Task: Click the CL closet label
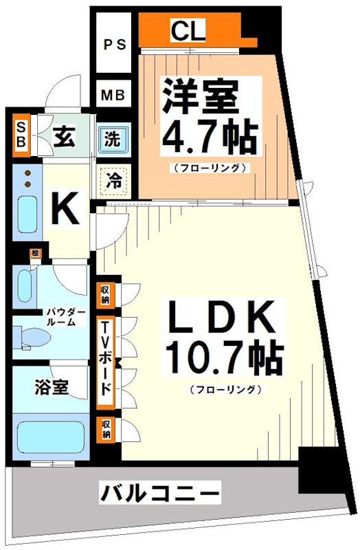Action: [x=185, y=30]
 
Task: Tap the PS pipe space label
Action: [x=115, y=45]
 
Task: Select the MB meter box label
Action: [x=114, y=95]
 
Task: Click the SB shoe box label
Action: [x=21, y=134]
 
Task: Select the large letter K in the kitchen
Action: [x=66, y=209]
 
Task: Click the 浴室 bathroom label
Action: [x=52, y=387]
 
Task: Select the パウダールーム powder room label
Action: [x=67, y=317]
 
